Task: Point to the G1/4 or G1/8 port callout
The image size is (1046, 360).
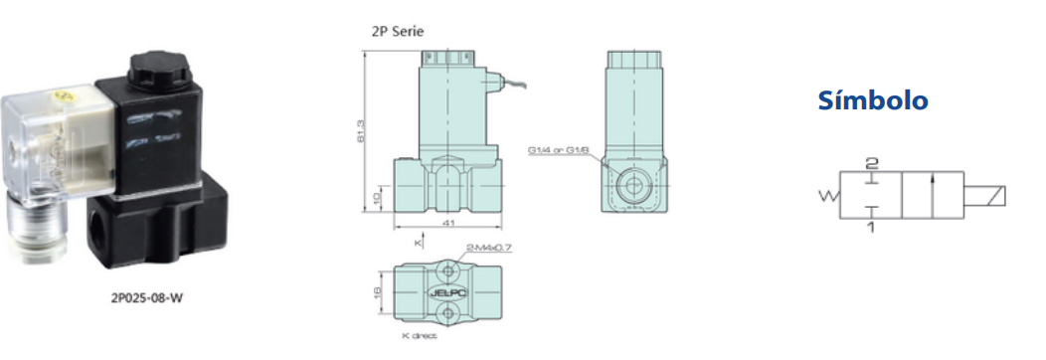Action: pos(559,151)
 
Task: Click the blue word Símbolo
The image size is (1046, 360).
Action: pos(872,100)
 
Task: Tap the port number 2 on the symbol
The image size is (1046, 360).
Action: pos(871,162)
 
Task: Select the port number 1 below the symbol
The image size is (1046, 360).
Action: pos(872,228)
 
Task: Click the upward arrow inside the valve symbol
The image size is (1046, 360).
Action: pos(931,194)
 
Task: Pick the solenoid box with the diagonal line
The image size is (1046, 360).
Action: pos(990,195)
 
